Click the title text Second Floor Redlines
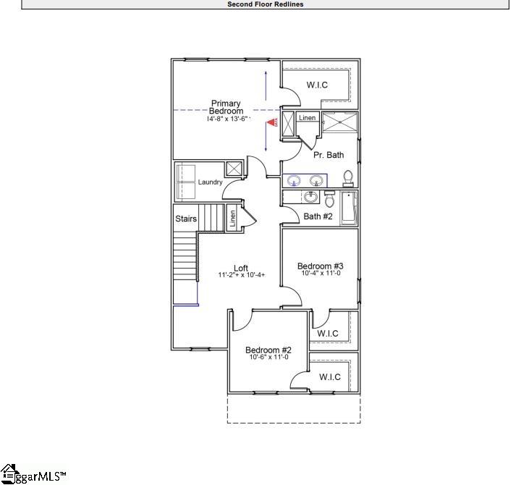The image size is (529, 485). coord(265,4)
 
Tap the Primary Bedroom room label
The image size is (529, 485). coord(226,107)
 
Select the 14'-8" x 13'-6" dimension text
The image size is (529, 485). coord(227,119)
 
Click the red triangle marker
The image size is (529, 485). coord(272,123)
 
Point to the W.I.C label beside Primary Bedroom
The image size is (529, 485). coord(317,85)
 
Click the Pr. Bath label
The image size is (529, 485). coord(329,155)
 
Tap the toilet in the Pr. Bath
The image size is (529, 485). coord(348,177)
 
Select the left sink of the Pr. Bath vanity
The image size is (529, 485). coord(295,180)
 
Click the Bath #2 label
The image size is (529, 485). coord(318,216)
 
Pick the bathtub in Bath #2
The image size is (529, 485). coord(349,208)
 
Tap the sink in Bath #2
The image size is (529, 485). coord(311,197)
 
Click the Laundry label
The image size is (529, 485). coord(210,182)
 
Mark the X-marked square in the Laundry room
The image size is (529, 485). coord(234,169)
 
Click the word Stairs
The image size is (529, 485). coord(186,219)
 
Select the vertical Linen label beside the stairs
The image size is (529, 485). coord(232,218)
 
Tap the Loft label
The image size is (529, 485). coord(241,269)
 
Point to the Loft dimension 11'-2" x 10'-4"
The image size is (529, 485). coord(242,276)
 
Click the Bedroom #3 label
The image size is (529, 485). coord(320,266)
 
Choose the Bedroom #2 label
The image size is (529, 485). coord(268,350)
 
